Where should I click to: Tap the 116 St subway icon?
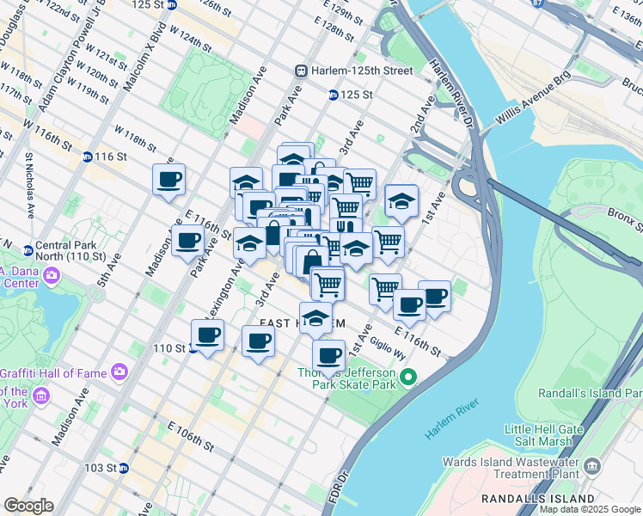tap(88, 157)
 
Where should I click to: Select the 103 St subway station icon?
tap(124, 469)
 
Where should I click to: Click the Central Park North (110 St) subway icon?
tap(28, 251)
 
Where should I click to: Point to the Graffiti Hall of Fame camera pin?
tap(118, 372)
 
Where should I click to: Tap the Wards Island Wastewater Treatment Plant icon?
tap(591, 466)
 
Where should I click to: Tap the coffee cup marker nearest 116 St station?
tap(168, 180)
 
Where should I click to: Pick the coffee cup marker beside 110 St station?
tap(207, 335)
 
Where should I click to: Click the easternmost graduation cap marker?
tap(401, 200)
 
